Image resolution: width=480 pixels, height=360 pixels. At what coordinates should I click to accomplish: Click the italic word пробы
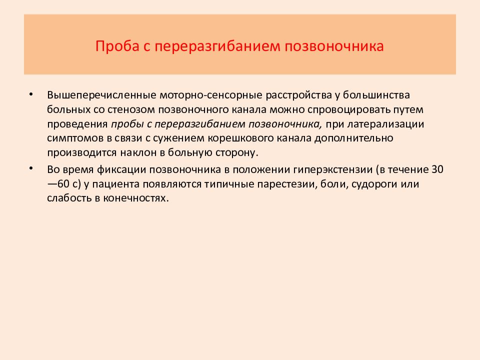[126, 123]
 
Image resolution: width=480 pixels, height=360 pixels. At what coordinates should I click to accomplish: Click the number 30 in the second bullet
[437, 169]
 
